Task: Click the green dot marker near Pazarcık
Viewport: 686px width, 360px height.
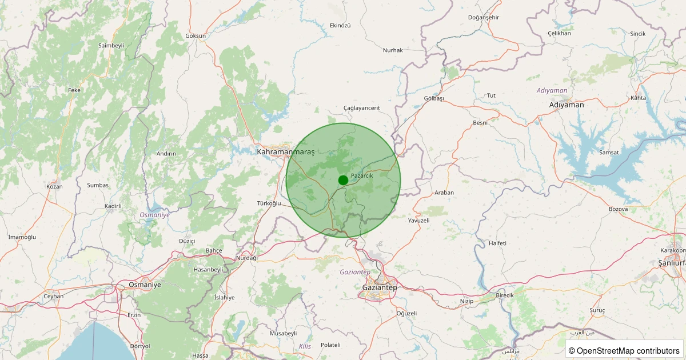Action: pos(343,180)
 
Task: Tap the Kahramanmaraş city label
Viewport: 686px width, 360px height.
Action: pos(286,152)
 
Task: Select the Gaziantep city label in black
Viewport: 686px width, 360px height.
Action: pos(380,287)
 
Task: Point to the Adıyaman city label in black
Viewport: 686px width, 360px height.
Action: pos(566,105)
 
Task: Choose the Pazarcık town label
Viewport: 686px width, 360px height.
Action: pos(362,175)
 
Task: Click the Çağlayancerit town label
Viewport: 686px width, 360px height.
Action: pos(361,108)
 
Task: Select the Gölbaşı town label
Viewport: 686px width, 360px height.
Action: pos(434,98)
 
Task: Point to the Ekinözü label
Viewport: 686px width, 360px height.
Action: pos(340,26)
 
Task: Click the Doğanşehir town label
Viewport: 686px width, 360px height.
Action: pos(484,17)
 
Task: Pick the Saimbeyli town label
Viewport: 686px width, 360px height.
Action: pos(111,45)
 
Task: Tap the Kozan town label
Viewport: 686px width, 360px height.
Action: pos(54,187)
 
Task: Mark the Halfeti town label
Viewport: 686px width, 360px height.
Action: pos(498,243)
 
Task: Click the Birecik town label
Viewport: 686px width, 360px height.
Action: pos(505,295)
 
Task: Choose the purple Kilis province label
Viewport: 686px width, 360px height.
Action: pos(305,346)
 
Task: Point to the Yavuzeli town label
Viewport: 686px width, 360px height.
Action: pos(418,220)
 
